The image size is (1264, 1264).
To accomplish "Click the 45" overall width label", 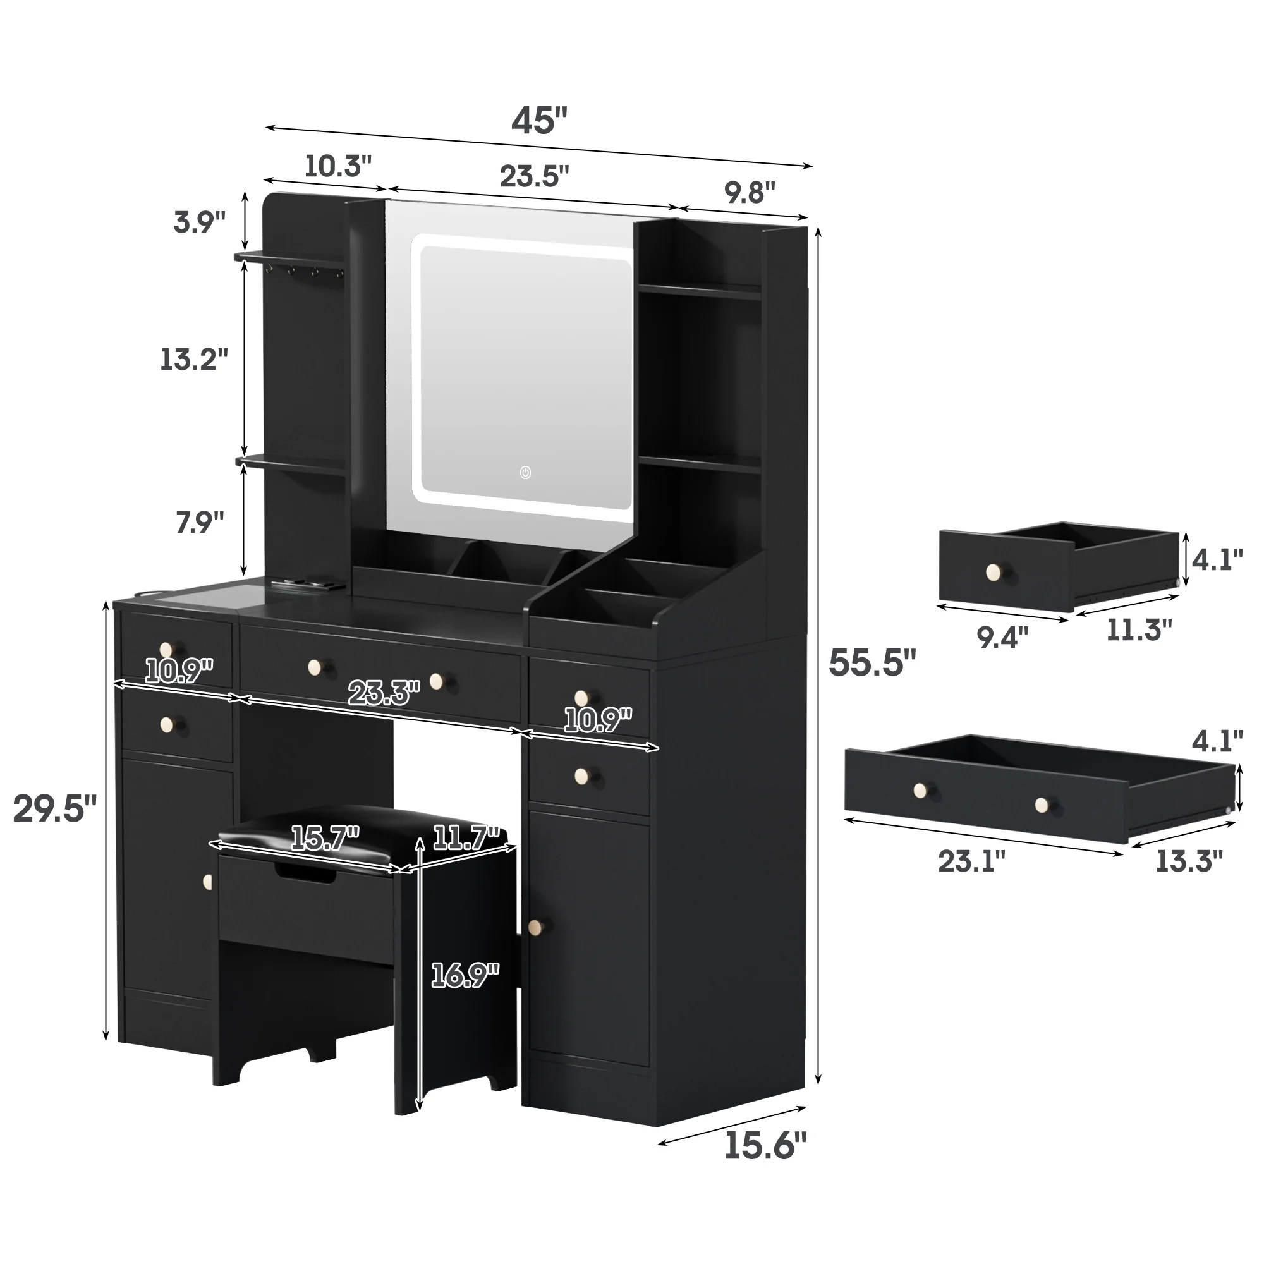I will tap(538, 121).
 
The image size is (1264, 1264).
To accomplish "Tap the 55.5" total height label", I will tap(872, 663).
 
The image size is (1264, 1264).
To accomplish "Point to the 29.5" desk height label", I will tap(55, 810).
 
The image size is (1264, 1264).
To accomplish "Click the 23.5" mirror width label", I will tap(534, 177).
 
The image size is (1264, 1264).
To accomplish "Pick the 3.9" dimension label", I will tap(200, 222).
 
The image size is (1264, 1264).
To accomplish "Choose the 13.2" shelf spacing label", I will tap(194, 359).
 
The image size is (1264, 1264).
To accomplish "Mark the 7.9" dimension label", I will tap(200, 523).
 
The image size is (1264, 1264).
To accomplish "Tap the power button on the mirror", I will tap(525, 471).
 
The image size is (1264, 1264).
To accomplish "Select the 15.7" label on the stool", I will tap(325, 838).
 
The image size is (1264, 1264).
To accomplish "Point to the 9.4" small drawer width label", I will tap(1002, 636).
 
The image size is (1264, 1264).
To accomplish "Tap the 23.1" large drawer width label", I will tap(971, 861).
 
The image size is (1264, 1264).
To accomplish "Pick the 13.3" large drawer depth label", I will tap(1188, 861).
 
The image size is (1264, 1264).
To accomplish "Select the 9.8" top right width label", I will tap(749, 193).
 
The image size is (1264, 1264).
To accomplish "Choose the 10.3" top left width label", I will tap(337, 167).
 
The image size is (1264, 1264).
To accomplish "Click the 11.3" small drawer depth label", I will tap(1138, 630).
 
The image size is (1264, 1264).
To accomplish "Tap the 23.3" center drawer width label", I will tap(384, 693).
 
